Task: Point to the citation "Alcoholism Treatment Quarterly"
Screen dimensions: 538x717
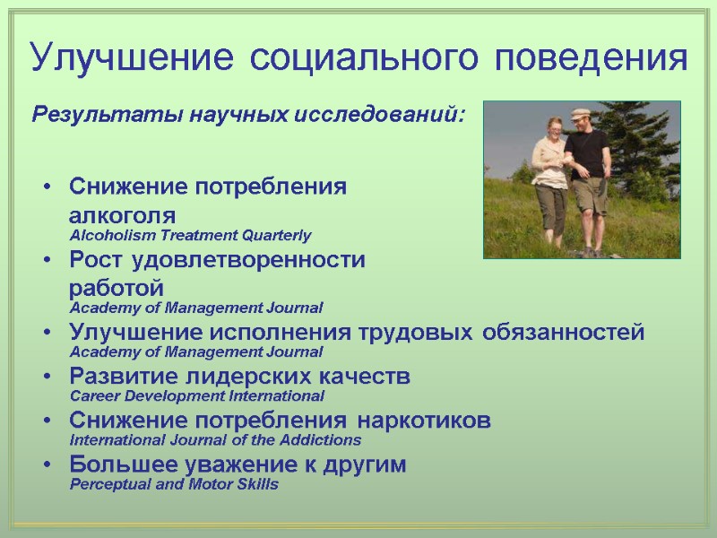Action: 190,236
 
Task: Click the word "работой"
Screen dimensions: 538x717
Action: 117,289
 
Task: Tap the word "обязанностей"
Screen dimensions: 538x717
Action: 564,333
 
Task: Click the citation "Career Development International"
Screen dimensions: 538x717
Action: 196,395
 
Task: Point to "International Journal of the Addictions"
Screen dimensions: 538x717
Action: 215,440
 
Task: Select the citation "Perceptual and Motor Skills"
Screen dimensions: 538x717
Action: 174,484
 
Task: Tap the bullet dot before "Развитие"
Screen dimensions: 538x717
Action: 46,377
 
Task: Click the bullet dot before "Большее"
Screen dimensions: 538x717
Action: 46,465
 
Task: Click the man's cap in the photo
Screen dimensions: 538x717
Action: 582,113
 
